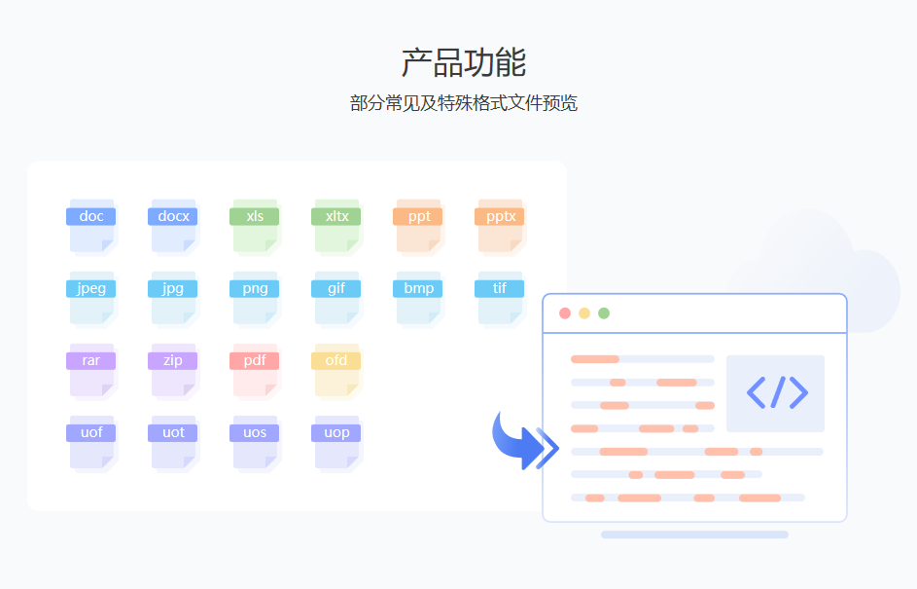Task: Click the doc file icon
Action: pyautogui.click(x=91, y=225)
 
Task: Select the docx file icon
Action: pyautogui.click(x=173, y=225)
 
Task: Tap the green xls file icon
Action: pyautogui.click(x=255, y=225)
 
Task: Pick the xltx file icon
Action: pyautogui.click(x=336, y=225)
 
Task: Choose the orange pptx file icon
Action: pyautogui.click(x=500, y=225)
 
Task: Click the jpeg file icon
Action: pyautogui.click(x=91, y=297)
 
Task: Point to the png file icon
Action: pyautogui.click(x=255, y=297)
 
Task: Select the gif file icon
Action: pyautogui.click(x=336, y=297)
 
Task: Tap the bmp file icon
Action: pyautogui.click(x=418, y=297)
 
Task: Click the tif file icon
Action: pyautogui.click(x=500, y=297)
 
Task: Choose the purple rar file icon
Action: pyautogui.click(x=91, y=369)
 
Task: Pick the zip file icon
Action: pyautogui.click(x=173, y=369)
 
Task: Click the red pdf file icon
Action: pyautogui.click(x=255, y=369)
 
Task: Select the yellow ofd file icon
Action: pyautogui.click(x=336, y=369)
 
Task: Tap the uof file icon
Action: pyautogui.click(x=91, y=441)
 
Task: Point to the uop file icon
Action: pyautogui.click(x=336, y=441)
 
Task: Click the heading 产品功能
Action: pyautogui.click(x=463, y=62)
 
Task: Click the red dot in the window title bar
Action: pyautogui.click(x=565, y=313)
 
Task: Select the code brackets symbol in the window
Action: pyautogui.click(x=776, y=392)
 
